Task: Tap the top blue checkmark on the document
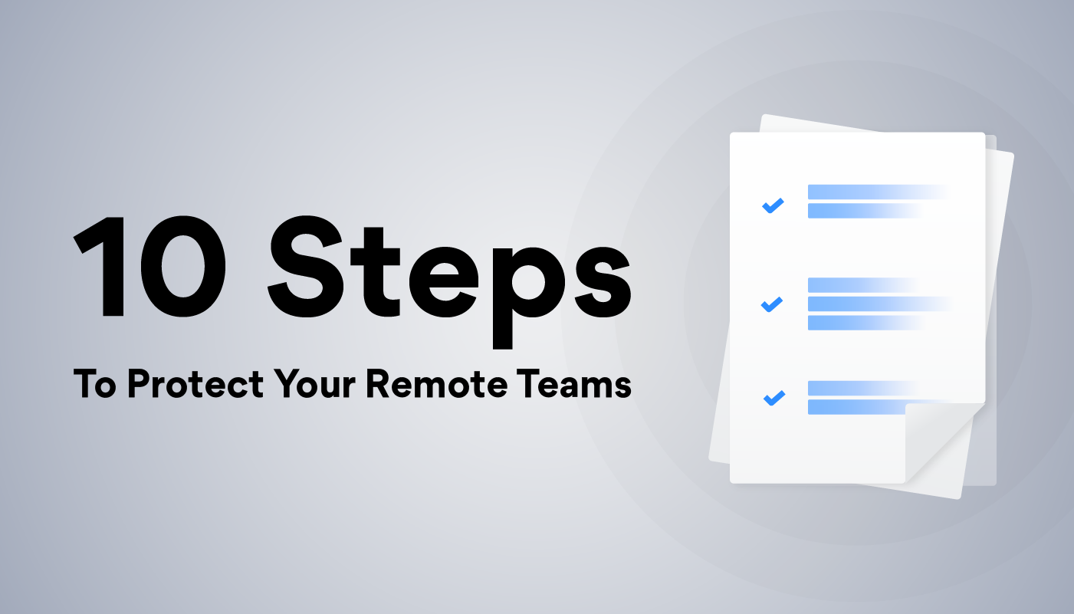[x=772, y=205]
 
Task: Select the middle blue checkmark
[x=771, y=304]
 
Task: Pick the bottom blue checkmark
[x=773, y=399]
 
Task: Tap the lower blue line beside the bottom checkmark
[x=855, y=407]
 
